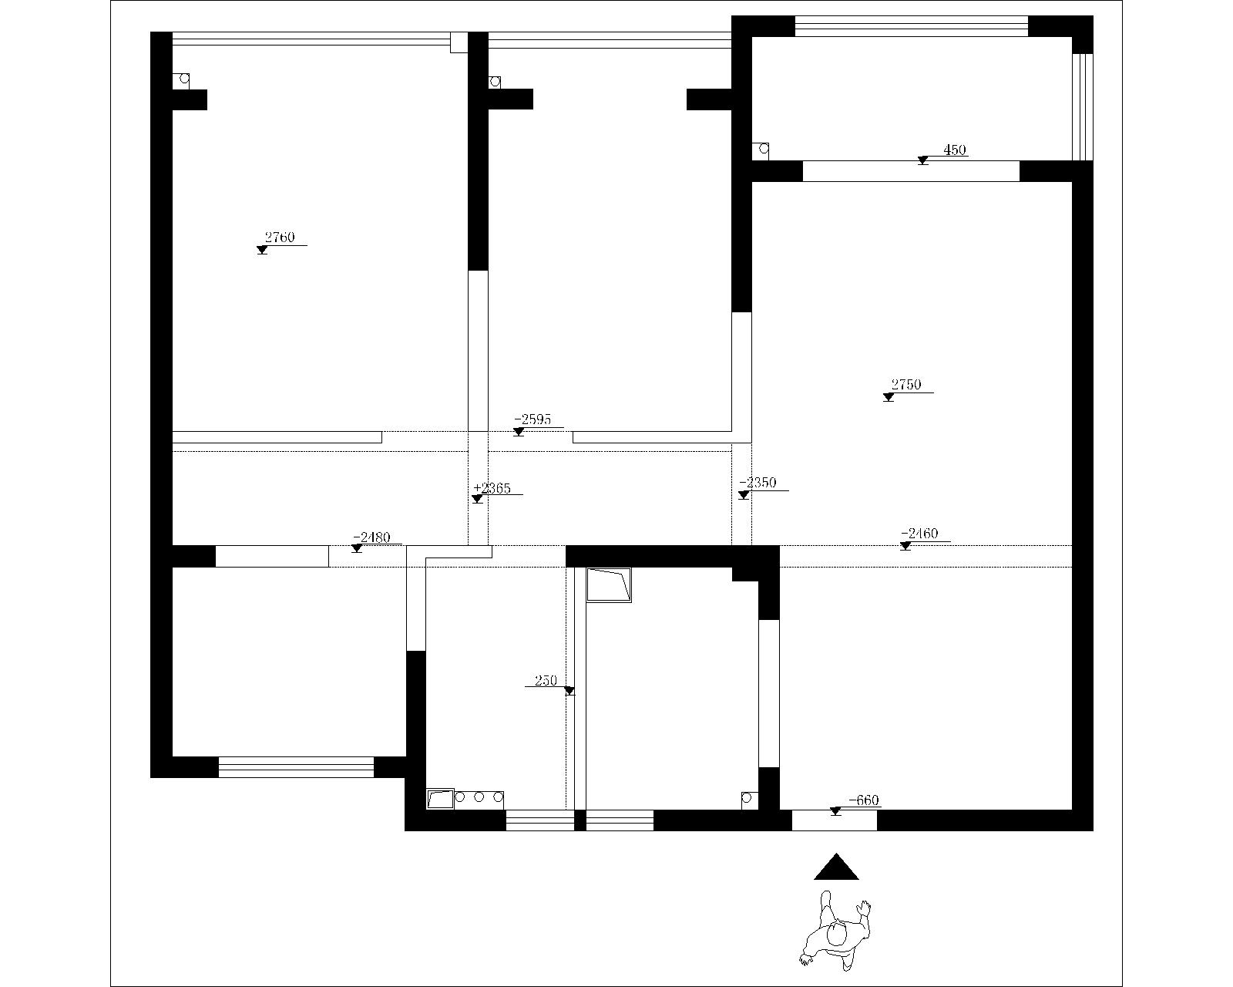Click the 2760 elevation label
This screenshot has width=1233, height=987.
[280, 237]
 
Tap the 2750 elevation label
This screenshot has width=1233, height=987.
[906, 385]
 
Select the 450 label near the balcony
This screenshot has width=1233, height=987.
[955, 150]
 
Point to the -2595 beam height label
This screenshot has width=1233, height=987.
[533, 419]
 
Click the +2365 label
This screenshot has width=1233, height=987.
[492, 488]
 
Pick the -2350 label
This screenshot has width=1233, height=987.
[758, 483]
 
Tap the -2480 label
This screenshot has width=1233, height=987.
[371, 537]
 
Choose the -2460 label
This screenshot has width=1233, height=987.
[919, 533]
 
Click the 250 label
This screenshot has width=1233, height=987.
[546, 681]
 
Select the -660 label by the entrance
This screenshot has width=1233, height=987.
[864, 800]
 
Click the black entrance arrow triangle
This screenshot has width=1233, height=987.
[836, 868]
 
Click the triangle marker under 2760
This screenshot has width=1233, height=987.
[262, 250]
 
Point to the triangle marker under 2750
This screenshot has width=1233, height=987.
[889, 397]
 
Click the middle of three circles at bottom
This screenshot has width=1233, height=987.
[479, 797]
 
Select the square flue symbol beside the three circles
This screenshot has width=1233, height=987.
[440, 799]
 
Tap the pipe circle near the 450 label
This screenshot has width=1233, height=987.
[764, 150]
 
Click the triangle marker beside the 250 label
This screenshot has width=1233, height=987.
[569, 691]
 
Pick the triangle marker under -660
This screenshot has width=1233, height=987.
[835, 811]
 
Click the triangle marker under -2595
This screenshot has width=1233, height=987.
[519, 432]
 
